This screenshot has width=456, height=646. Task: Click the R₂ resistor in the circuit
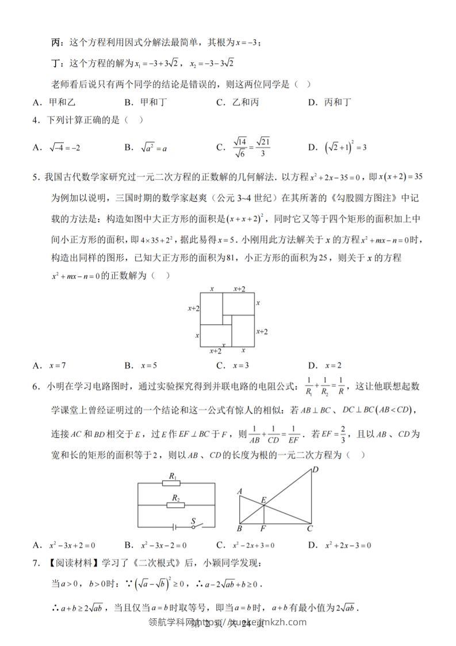[175, 504]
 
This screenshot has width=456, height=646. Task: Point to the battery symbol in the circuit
[173, 526]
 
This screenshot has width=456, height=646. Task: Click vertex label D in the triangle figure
[315, 470]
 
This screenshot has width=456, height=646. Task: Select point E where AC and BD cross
[263, 501]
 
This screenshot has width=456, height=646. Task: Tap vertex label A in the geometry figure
[239, 491]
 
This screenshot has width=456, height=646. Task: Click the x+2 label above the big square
[239, 288]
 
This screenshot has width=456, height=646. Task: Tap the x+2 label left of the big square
[194, 309]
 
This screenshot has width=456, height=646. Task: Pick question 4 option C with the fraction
[244, 147]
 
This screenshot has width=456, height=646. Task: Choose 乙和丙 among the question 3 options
[237, 102]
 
